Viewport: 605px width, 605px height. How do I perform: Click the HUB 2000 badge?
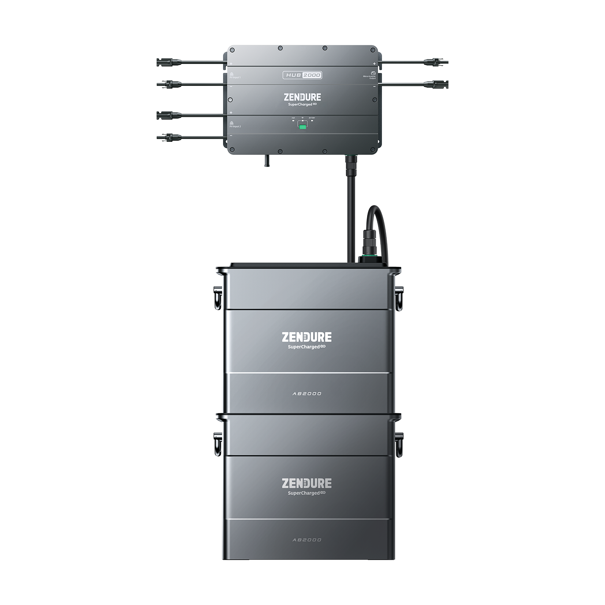[302, 75]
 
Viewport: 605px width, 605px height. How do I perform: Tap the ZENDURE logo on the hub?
[302, 97]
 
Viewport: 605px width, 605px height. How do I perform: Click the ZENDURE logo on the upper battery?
[306, 337]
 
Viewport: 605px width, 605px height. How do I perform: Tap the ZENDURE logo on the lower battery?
[306, 483]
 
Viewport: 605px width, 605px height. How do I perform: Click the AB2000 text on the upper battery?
[307, 394]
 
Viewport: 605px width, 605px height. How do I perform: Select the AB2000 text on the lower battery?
[307, 540]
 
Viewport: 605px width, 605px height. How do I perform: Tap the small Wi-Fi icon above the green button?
[302, 118]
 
